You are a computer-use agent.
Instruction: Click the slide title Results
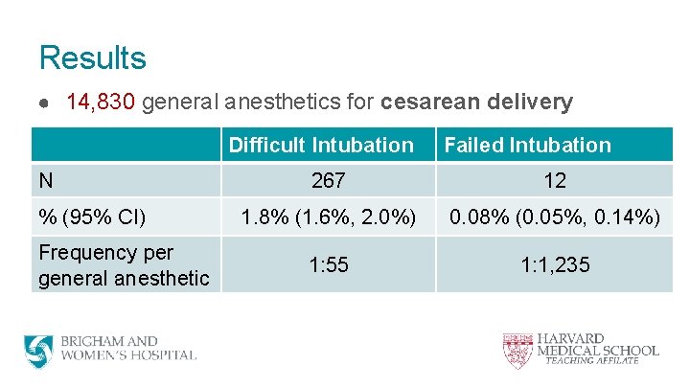click(92, 57)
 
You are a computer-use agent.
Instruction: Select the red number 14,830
click(103, 103)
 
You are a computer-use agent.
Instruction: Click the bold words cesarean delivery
click(476, 103)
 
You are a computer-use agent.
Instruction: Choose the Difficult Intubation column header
click(321, 146)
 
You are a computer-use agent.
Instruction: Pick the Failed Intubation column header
click(527, 146)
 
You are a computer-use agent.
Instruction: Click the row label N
click(46, 180)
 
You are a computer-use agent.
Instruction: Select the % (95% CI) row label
click(92, 217)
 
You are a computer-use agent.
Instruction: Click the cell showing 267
click(328, 181)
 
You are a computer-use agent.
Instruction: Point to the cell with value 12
click(554, 181)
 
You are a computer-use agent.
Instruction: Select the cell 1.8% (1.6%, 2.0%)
click(328, 217)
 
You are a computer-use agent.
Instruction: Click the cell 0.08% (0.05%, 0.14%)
click(554, 217)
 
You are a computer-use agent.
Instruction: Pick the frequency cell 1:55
click(328, 264)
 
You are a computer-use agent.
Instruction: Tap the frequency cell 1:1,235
click(554, 264)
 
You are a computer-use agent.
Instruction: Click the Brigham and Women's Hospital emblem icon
click(39, 350)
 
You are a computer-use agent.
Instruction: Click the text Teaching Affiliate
click(591, 361)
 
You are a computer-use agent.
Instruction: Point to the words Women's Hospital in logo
click(128, 355)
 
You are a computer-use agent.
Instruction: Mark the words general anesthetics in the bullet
click(258, 103)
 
